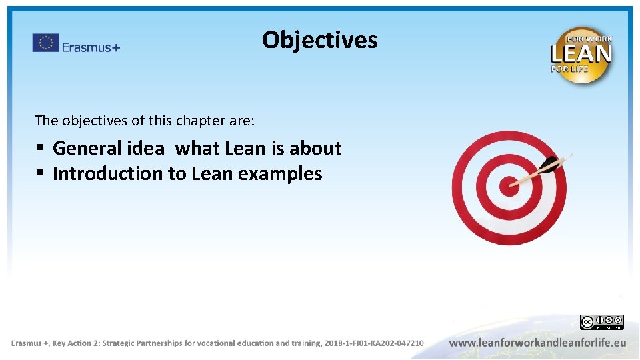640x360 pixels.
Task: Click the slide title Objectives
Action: [319, 40]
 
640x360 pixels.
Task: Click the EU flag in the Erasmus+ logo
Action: [46, 43]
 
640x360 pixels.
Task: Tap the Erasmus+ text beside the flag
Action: [91, 47]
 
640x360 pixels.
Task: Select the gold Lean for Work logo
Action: [581, 55]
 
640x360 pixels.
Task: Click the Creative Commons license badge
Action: [601, 323]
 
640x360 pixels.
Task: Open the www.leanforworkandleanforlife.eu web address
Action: [537, 343]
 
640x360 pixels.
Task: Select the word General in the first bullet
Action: [87, 148]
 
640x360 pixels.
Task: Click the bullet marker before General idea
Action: [40, 148]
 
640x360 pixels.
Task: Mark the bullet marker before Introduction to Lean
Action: [40, 174]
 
